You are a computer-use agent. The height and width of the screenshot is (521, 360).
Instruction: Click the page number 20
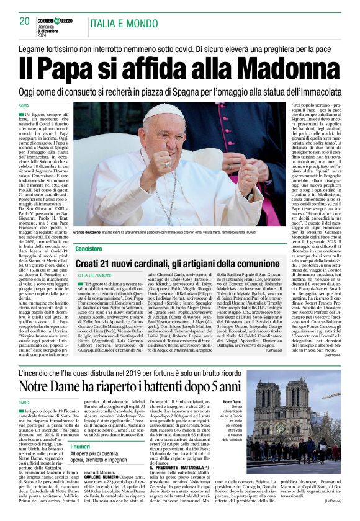coord(25,20)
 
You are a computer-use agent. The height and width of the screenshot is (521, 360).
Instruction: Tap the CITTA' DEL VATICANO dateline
coord(95,274)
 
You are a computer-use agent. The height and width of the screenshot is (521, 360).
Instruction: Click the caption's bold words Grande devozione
coord(91,231)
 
